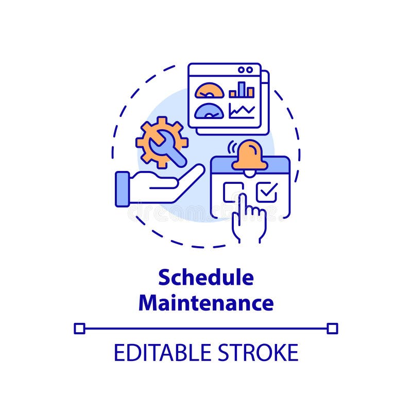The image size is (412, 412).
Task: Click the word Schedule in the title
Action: pos(206,278)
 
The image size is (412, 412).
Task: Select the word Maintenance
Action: pos(206,303)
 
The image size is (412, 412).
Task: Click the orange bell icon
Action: pos(249,156)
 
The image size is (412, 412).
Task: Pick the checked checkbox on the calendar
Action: pos(267,193)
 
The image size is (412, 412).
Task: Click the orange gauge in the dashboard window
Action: pos(210,91)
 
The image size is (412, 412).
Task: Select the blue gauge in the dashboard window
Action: pos(210,111)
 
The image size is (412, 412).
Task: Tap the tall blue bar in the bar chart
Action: pos(242,89)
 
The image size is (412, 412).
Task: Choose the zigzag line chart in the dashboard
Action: pos(242,110)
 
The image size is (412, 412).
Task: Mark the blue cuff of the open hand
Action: pos(122,189)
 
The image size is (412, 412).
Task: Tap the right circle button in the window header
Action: pos(250,70)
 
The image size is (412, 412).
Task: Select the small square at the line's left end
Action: pos(79,328)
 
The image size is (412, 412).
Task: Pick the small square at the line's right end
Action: pos(333,328)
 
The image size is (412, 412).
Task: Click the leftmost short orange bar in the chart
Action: pos(233,94)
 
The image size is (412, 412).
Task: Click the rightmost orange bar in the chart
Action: pos(250,92)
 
